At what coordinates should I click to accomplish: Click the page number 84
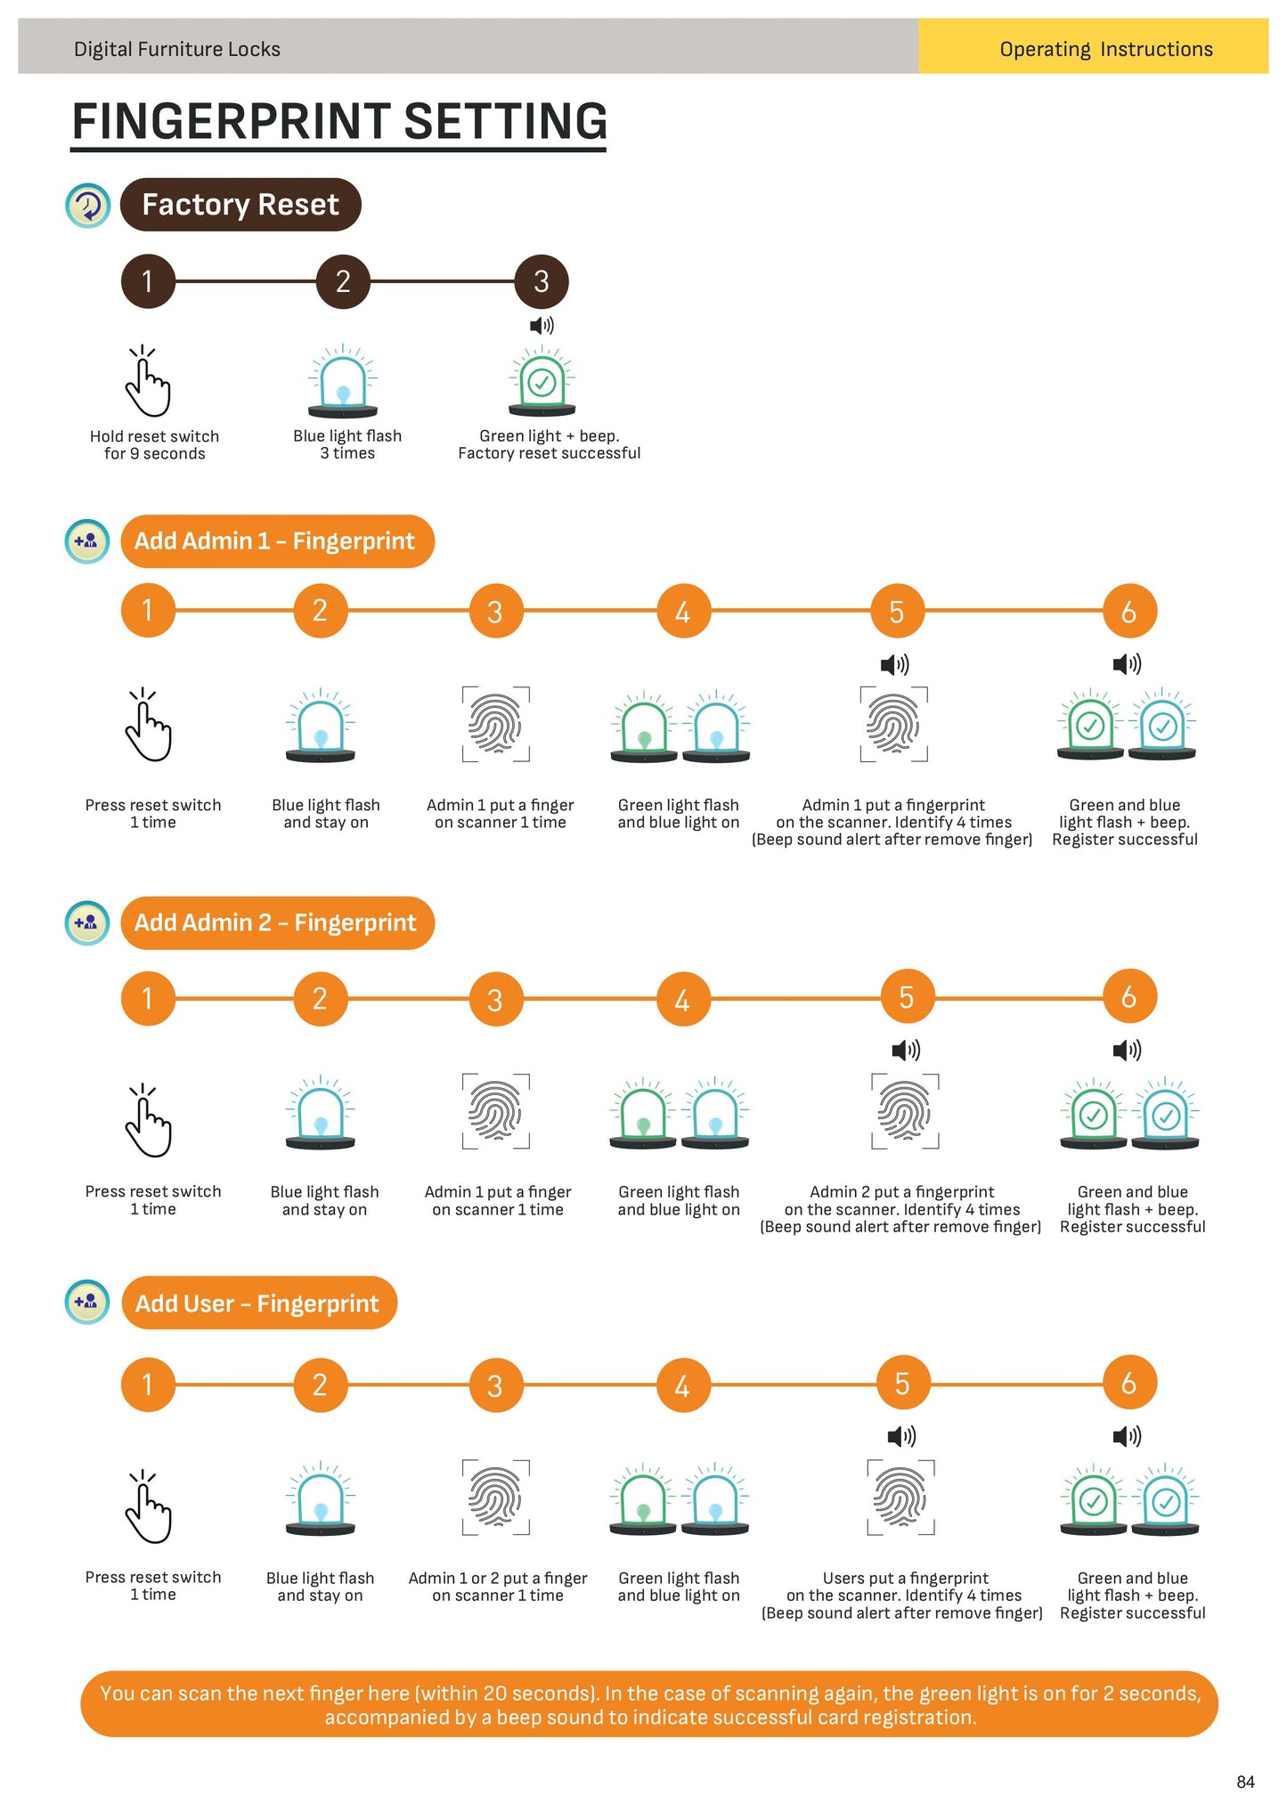1245,1782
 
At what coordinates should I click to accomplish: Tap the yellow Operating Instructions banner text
1105,49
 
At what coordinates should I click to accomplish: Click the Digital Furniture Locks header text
176,49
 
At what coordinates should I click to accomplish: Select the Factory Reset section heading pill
240,205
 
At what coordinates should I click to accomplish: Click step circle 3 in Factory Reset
541,281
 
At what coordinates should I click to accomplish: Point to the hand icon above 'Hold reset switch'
148,382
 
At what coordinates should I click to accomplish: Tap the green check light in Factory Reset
542,384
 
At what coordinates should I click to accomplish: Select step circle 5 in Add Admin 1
897,612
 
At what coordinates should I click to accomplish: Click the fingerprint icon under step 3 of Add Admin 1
495,724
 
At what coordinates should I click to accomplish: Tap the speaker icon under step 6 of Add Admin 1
1128,664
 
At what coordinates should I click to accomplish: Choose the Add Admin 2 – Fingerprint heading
277,923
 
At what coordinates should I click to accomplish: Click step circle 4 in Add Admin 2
682,1000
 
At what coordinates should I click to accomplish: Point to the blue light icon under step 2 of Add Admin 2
321,1113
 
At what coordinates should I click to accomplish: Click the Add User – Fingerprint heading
258,1303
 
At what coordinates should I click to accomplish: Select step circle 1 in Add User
148,1385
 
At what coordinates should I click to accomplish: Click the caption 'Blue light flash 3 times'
347,444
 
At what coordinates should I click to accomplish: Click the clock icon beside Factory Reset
88,206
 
